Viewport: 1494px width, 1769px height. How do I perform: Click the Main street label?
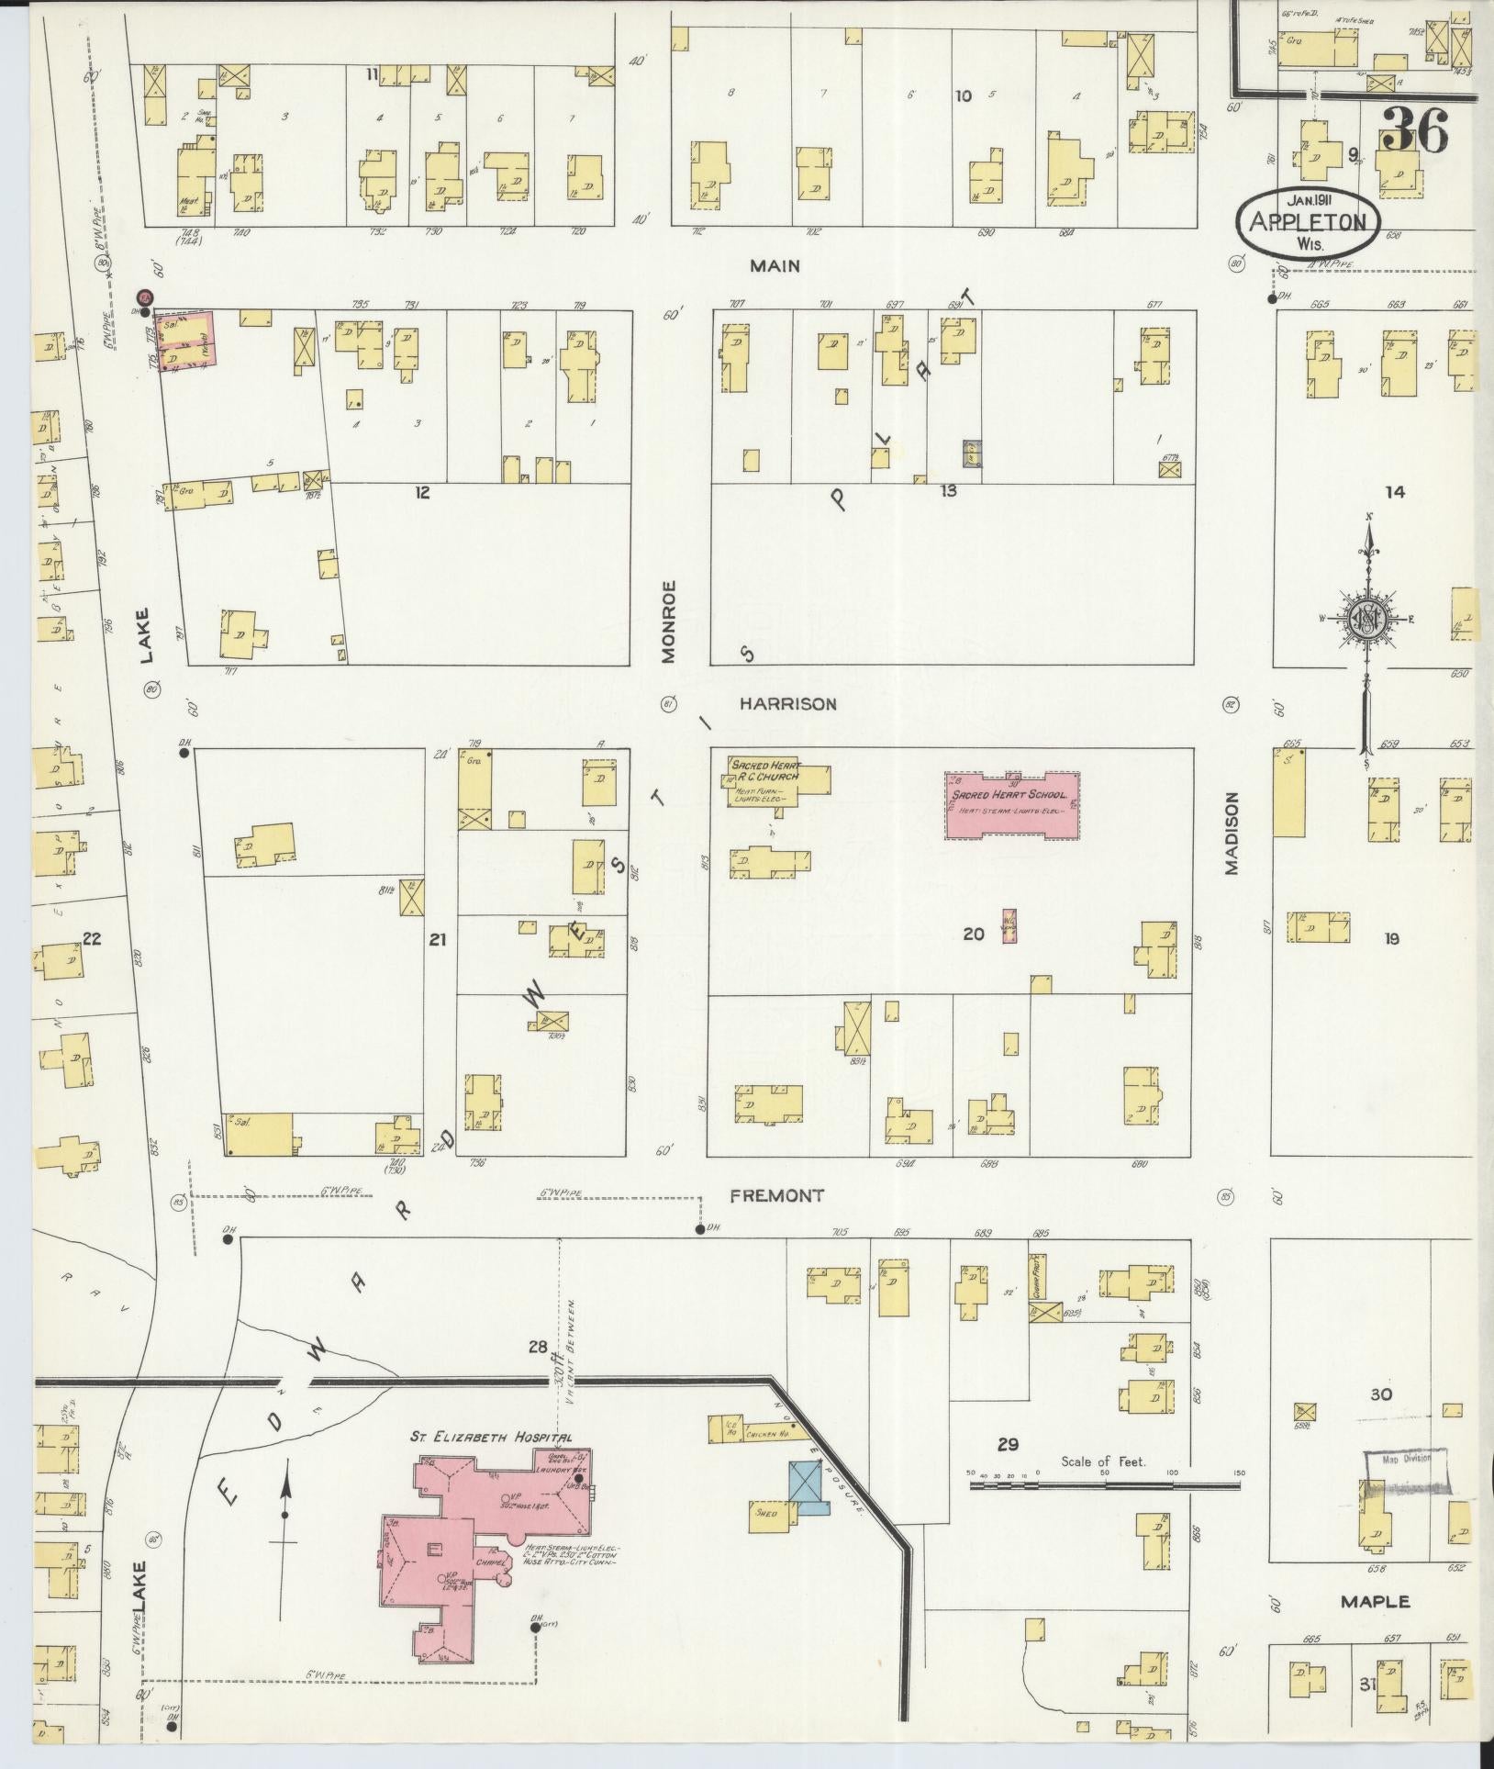[x=775, y=266]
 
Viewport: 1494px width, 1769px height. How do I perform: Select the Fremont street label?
[x=776, y=1196]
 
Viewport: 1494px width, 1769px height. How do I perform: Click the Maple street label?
[x=1374, y=1602]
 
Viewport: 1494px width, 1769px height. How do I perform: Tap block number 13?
[x=948, y=491]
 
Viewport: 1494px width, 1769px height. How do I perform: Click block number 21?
[x=438, y=939]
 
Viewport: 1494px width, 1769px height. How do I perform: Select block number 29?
[x=1008, y=1444]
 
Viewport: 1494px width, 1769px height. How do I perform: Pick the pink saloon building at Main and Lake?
[x=187, y=341]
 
